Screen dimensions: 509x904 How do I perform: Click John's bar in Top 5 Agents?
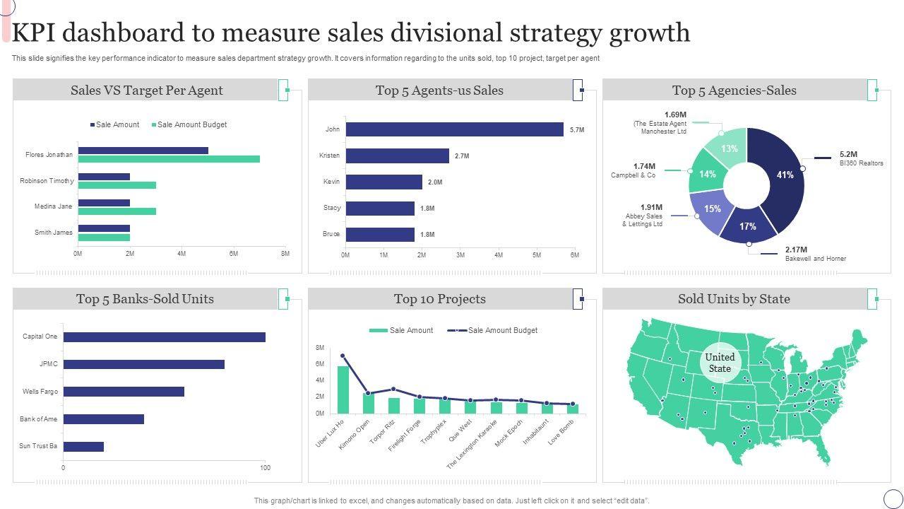pyautogui.click(x=454, y=129)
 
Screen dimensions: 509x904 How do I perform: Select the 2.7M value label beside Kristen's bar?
pyautogui.click(x=462, y=156)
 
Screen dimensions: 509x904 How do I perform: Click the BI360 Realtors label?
pyautogui.click(x=861, y=163)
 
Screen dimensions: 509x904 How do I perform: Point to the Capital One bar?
pyautogui.click(x=164, y=337)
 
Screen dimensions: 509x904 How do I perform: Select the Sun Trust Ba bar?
pyautogui.click(x=83, y=447)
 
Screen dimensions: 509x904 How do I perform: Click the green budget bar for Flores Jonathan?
pyautogui.click(x=169, y=159)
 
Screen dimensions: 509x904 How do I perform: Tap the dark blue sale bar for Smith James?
pyautogui.click(x=104, y=228)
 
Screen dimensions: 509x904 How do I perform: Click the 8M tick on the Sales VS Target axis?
pyautogui.click(x=285, y=254)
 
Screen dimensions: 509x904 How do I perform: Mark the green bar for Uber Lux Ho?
pyautogui.click(x=343, y=390)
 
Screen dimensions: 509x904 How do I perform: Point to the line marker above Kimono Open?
pyautogui.click(x=368, y=393)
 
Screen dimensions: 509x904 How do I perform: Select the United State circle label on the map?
pyautogui.click(x=720, y=363)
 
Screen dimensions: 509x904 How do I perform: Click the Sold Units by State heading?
pyautogui.click(x=734, y=299)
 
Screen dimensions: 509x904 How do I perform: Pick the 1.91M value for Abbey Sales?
pyautogui.click(x=651, y=208)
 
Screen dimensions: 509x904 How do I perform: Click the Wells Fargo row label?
pyautogui.click(x=40, y=392)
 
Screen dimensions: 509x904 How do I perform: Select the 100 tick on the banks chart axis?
pyautogui.click(x=265, y=468)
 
